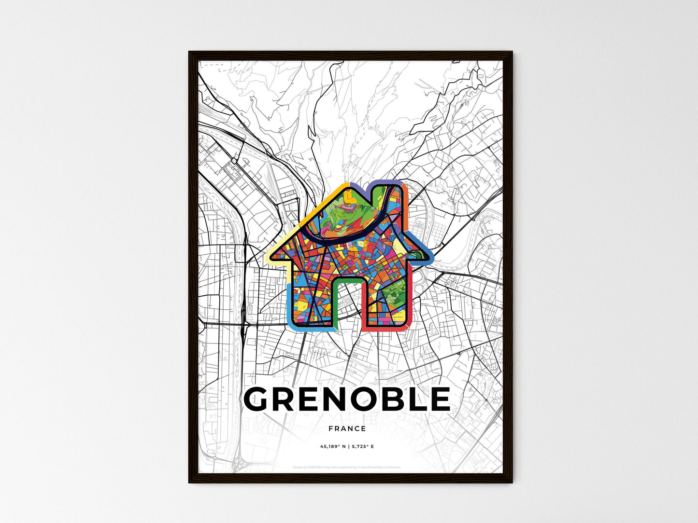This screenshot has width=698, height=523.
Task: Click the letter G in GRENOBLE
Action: click(261, 399)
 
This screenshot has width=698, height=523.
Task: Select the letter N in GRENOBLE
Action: click(344, 399)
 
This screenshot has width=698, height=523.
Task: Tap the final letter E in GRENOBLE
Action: click(441, 399)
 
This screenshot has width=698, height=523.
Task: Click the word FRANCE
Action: click(347, 428)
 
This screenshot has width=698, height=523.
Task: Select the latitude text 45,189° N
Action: click(332, 447)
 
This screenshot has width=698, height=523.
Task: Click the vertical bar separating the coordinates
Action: click(348, 447)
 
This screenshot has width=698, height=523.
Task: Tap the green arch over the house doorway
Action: click(348, 281)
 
